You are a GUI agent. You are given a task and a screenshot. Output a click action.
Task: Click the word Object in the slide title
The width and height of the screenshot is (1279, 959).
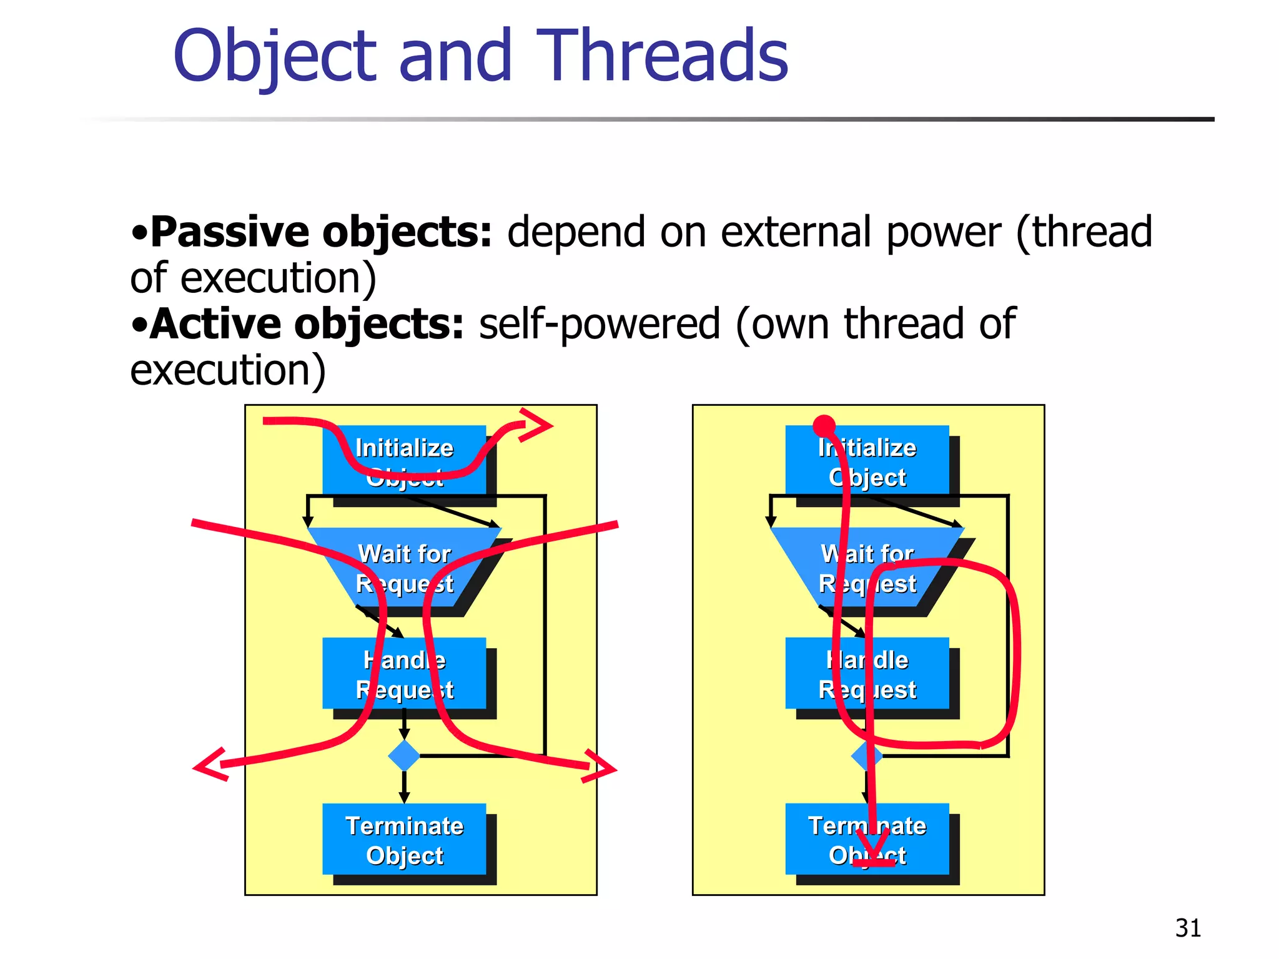[x=275, y=57]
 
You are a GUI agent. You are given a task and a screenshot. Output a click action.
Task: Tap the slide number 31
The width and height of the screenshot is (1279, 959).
[x=1188, y=928]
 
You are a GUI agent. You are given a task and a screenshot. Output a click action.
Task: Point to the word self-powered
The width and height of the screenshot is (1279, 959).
[x=600, y=324]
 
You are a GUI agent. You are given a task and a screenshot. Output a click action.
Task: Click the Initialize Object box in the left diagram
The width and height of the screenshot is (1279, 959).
[x=404, y=460]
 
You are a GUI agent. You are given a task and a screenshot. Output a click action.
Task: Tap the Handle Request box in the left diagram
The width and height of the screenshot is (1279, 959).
[x=404, y=674]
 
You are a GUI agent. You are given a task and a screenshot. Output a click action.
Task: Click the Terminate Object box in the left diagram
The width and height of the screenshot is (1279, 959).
[x=404, y=839]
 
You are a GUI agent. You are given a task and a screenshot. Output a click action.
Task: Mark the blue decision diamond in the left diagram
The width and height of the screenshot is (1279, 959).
[x=404, y=755]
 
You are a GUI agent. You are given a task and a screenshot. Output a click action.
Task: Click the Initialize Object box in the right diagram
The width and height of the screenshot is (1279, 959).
[x=867, y=460]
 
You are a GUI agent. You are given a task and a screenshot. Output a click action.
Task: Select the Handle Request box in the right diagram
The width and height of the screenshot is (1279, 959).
[x=867, y=674]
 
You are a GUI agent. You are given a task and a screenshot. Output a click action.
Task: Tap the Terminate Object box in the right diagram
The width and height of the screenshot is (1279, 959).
[x=867, y=839]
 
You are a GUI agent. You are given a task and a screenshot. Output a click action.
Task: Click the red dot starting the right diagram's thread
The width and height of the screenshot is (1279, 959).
[x=824, y=426]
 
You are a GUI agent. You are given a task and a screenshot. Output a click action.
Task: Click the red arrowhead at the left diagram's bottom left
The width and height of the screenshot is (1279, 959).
[x=209, y=764]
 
